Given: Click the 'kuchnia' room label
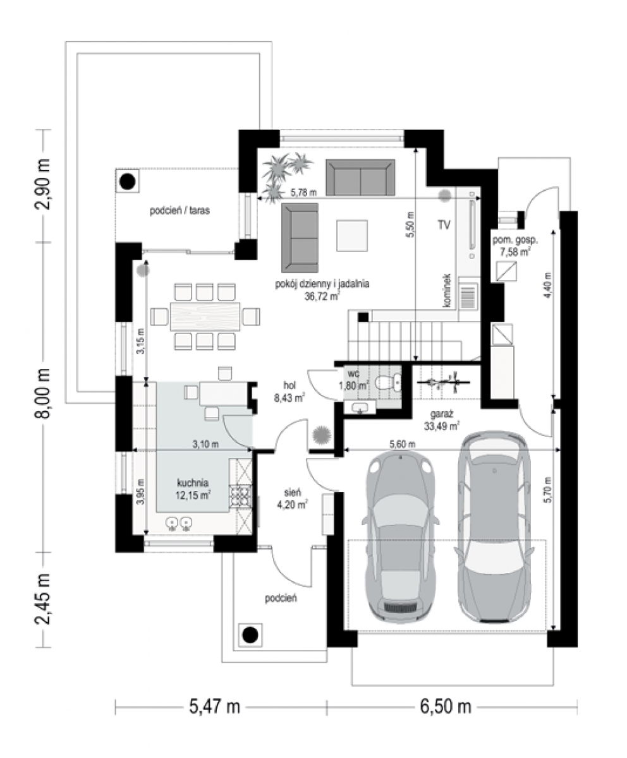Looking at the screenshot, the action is coord(193,483).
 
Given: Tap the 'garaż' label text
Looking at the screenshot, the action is coord(441,414).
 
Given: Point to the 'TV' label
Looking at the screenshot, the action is coord(444,225).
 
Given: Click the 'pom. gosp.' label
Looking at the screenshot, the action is coord(515,240).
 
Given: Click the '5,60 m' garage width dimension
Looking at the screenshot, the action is coord(403,444).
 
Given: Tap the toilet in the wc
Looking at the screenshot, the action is coord(388,383).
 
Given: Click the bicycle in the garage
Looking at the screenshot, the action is coord(444,382).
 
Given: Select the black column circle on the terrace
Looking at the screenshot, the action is coord(128,181).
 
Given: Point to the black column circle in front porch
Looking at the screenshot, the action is coord(250,635).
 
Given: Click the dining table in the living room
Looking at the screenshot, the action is coord(205,316).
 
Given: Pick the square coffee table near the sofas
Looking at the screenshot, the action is coord(351,236).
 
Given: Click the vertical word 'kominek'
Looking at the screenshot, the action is coord(447,291).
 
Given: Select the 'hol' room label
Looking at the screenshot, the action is coord(289,385).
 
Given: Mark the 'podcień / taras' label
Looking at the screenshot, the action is coord(180,210).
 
